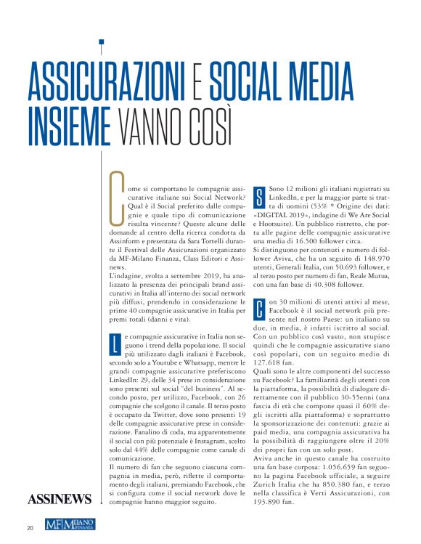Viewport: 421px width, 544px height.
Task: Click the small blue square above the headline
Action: tap(102, 41)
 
